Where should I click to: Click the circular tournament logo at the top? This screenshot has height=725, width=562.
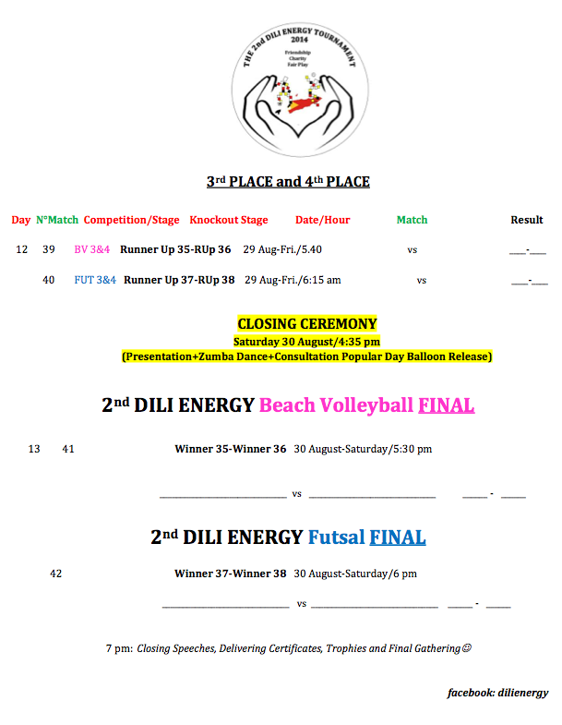[299, 91]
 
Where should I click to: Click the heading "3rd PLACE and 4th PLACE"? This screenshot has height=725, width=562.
[288, 182]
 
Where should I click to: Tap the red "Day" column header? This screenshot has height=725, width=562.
[21, 220]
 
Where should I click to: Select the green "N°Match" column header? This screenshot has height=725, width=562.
[57, 220]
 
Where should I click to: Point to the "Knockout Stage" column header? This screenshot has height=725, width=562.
[229, 220]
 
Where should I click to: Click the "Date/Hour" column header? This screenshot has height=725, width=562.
[323, 220]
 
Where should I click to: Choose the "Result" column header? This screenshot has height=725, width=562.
[527, 220]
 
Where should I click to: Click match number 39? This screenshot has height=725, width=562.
[49, 249]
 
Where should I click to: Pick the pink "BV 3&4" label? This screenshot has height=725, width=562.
[92, 249]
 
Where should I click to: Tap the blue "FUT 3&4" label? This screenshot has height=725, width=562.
[95, 280]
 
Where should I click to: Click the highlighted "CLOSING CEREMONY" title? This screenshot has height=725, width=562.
[307, 324]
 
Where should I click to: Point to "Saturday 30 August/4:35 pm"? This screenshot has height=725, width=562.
[306, 341]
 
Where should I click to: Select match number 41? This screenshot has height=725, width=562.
[68, 450]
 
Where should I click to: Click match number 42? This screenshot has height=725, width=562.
[56, 574]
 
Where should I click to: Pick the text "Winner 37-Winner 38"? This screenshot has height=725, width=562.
[231, 574]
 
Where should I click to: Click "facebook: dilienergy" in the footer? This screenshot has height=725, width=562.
[497, 693]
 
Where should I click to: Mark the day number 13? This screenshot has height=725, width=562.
[34, 450]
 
